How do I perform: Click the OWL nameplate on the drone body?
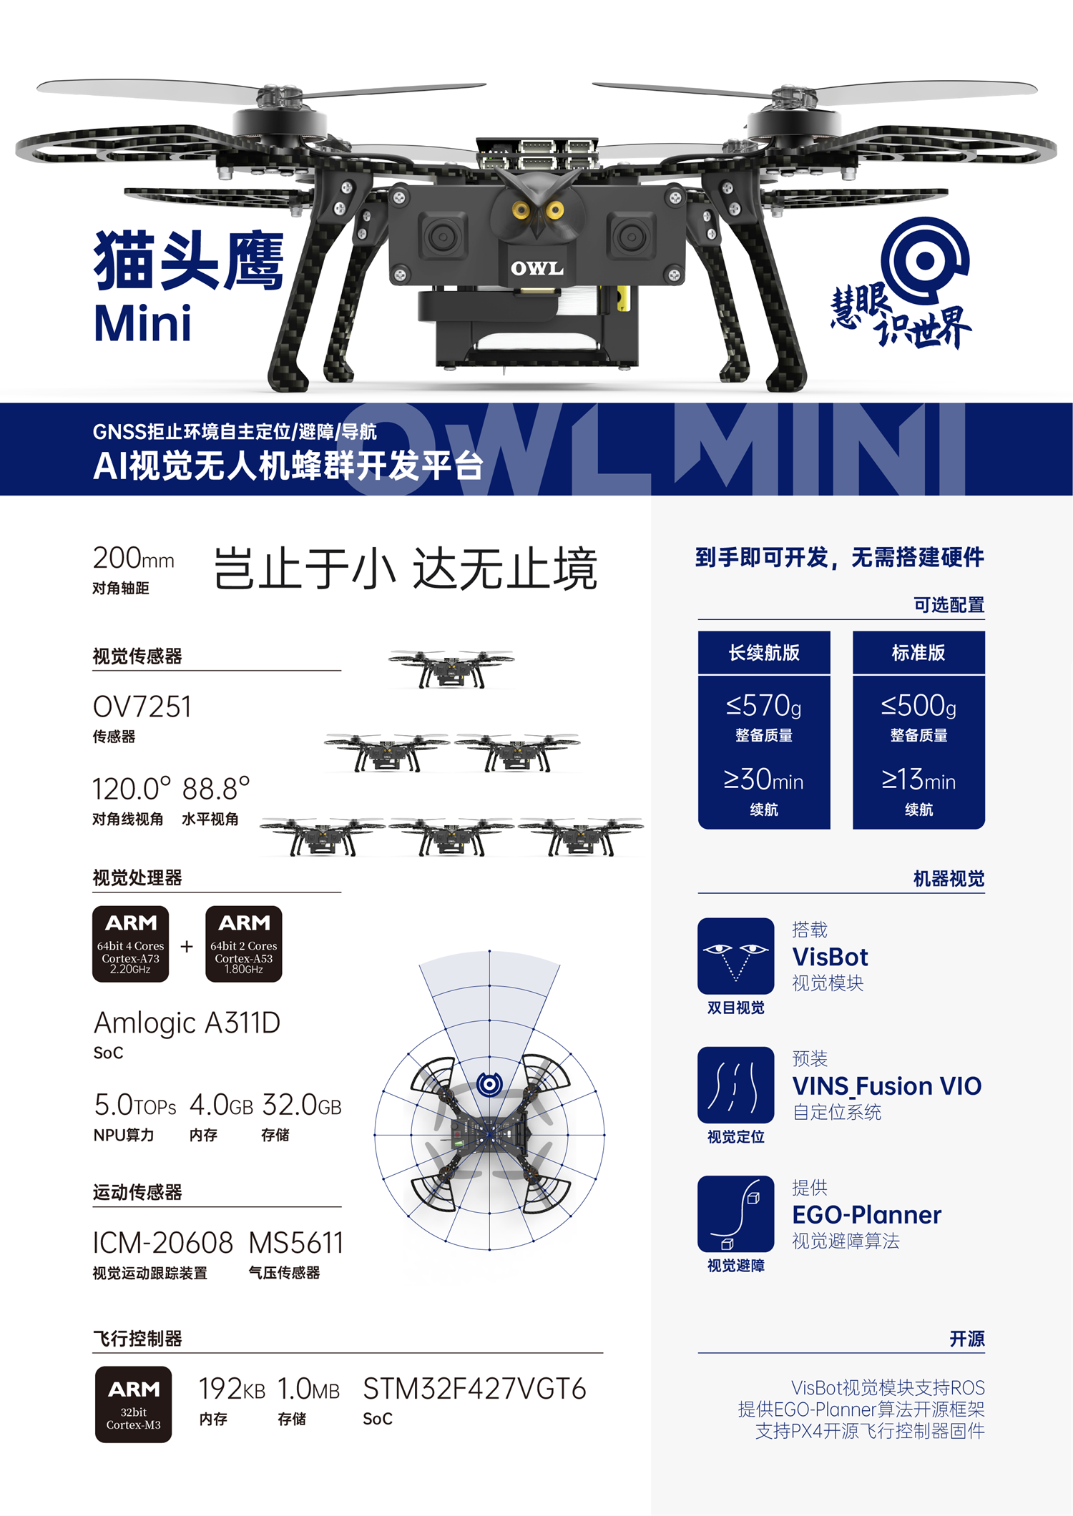tap(536, 268)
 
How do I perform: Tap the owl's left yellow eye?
tap(521, 210)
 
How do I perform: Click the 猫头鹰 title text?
tap(189, 260)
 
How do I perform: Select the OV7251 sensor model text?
tap(142, 707)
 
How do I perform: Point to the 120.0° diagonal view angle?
tap(132, 789)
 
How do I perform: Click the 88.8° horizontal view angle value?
tap(215, 789)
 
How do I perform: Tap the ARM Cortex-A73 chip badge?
tap(131, 944)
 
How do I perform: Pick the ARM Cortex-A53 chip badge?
tap(244, 944)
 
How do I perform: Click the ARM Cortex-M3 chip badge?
tap(134, 1404)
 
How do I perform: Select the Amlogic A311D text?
tap(187, 1023)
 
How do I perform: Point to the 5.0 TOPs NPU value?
tap(135, 1105)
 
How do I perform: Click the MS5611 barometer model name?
tap(296, 1243)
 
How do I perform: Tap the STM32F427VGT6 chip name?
tap(475, 1389)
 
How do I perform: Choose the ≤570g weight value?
tap(764, 706)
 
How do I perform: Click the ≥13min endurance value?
tap(918, 779)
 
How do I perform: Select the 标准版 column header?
tap(918, 652)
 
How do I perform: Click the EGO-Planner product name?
tap(867, 1215)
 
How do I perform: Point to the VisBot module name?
tap(831, 957)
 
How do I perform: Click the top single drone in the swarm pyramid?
tap(451, 669)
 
